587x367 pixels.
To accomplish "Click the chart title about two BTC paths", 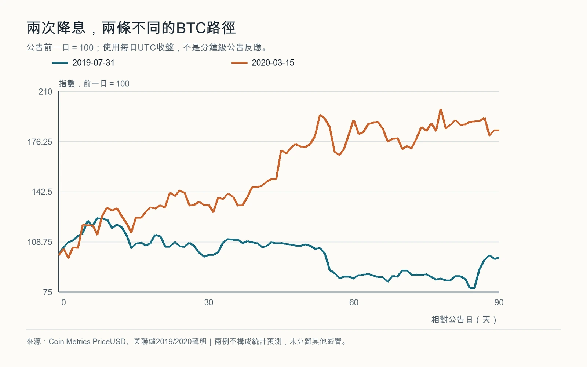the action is [131, 28].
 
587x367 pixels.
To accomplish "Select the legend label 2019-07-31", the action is [93, 63].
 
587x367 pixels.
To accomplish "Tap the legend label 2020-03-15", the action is [273, 63].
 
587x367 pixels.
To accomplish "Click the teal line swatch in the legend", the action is [60, 63].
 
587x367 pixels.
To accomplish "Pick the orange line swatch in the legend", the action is [239, 63].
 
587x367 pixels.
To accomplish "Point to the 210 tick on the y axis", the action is [45, 92].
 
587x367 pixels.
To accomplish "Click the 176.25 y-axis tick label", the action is [40, 142].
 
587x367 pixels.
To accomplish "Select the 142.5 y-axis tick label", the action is [42, 192].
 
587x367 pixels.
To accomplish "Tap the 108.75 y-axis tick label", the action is [40, 242].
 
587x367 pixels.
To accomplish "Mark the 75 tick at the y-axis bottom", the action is [48, 292].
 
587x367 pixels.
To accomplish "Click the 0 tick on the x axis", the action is [63, 302].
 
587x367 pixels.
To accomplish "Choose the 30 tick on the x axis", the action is [209, 302].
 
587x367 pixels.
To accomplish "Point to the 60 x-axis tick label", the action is [354, 302].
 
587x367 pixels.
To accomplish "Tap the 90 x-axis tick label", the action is [499, 302].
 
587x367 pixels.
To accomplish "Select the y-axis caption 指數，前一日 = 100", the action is [94, 84].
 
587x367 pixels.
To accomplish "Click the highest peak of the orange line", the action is [441, 110].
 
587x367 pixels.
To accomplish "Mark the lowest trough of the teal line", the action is [472, 288].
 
